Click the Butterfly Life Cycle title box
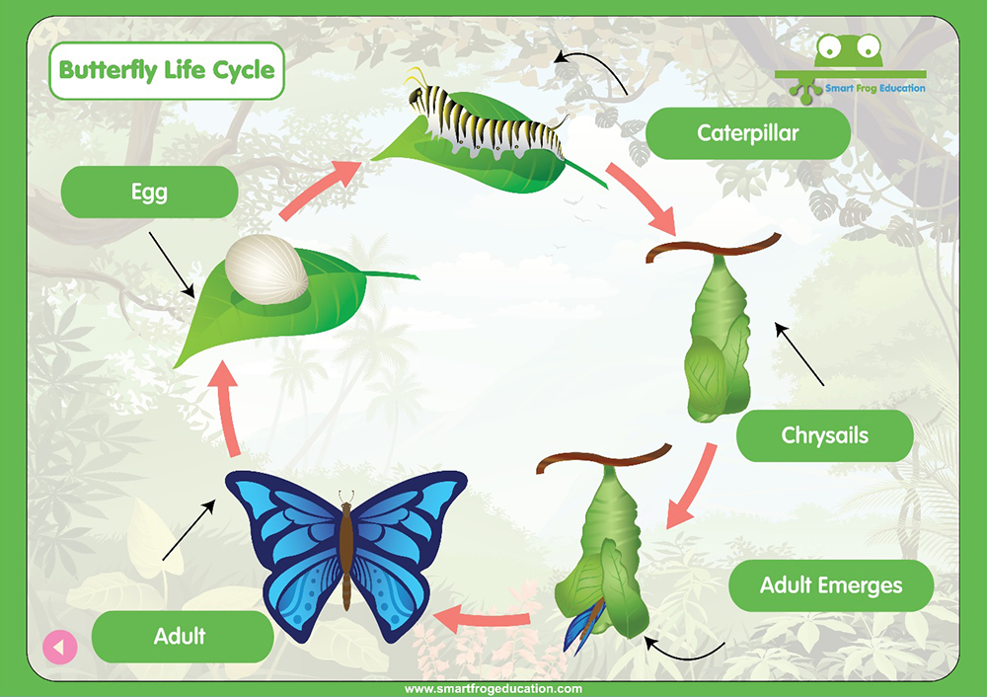point(167,70)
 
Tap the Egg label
point(149,193)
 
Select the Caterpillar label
point(748,133)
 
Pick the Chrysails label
point(824,435)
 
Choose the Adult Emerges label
point(831,585)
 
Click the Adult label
point(183,636)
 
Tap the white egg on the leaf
point(266,269)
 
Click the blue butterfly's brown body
point(346,548)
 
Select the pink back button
point(60,647)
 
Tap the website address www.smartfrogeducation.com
point(493,689)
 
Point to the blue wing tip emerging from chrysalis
point(582,627)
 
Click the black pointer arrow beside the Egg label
point(172,265)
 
